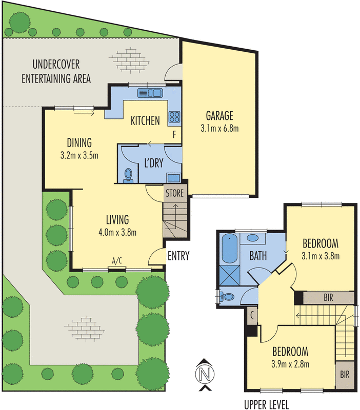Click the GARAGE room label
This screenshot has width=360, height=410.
219,115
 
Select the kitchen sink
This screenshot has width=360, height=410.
150,93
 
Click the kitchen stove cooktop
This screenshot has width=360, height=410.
174,117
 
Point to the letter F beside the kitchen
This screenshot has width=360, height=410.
175,135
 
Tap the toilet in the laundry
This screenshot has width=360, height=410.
129,175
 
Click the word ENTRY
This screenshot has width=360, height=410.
178,256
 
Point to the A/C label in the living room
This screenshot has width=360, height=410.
118,261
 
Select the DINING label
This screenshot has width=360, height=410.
79,142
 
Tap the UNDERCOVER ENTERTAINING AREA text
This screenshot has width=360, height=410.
61,72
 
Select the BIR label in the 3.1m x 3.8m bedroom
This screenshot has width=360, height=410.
328,297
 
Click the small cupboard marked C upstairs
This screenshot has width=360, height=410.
252,317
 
